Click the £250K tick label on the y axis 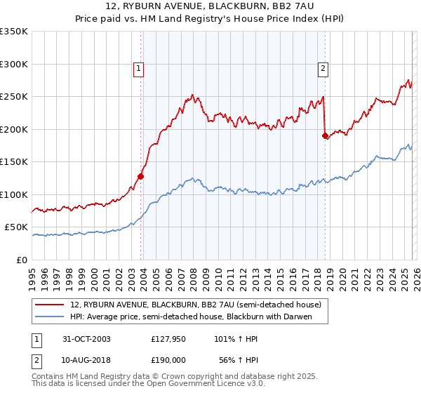(14, 97)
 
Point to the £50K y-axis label (16, 227)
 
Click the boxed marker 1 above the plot (139, 69)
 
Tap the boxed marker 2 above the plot (323, 69)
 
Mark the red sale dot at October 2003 (141, 176)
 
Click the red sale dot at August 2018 (325, 135)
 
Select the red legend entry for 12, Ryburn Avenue (195, 305)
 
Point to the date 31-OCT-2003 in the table (86, 338)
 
